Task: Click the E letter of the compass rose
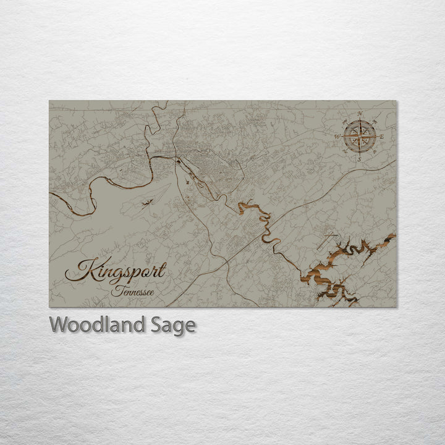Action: pyautogui.click(x=381, y=136)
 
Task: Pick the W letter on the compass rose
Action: pyautogui.click(x=337, y=136)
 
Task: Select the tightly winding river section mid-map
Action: pyautogui.click(x=263, y=222)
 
